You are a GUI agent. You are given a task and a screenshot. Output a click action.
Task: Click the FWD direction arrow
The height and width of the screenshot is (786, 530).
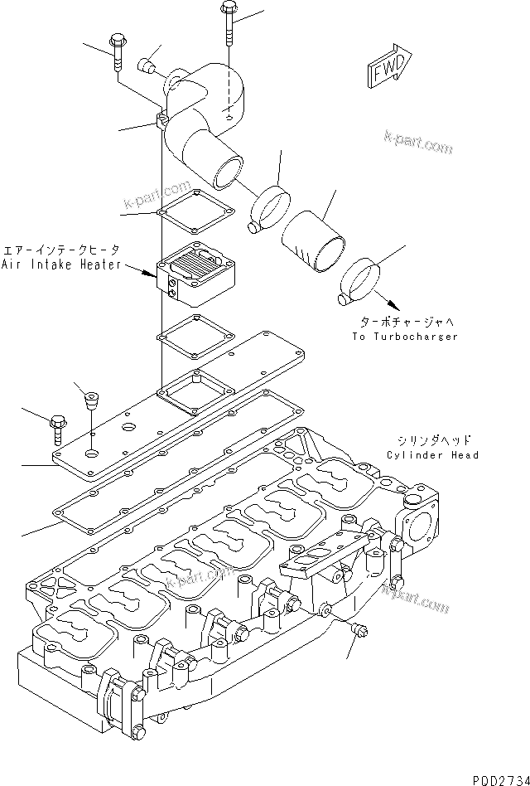coord(388,68)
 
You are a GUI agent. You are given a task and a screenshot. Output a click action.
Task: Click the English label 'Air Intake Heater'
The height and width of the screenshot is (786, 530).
coord(61,264)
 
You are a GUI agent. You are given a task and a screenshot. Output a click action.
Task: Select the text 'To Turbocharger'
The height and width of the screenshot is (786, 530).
coord(404,337)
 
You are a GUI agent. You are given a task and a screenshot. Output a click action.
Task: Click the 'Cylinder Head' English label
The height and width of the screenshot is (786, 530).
coord(432,455)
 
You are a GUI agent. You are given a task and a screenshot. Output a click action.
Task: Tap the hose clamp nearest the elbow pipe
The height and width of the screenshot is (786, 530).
coord(270,208)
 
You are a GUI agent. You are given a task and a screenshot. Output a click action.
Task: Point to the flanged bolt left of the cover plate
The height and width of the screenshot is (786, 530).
coord(59,425)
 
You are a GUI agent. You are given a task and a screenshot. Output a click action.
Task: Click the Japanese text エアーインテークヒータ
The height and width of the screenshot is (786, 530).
coord(61,249)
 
